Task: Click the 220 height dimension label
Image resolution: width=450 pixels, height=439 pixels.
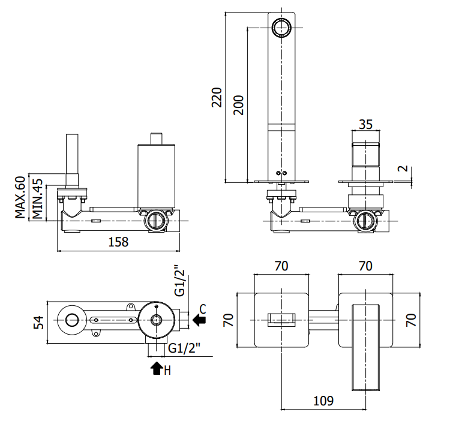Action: pyautogui.click(x=217, y=98)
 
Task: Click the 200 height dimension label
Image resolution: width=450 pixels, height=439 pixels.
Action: pyautogui.click(x=238, y=106)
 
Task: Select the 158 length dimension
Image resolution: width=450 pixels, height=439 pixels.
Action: pyautogui.click(x=118, y=242)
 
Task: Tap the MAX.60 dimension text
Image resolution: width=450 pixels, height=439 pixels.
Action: pyautogui.click(x=20, y=197)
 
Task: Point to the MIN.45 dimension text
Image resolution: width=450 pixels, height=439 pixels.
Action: pyautogui.click(x=37, y=199)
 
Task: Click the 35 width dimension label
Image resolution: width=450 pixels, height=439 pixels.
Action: pyautogui.click(x=365, y=125)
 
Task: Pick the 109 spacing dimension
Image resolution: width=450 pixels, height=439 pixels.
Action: pyautogui.click(x=323, y=401)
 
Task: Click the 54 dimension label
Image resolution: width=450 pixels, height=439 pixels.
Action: pyautogui.click(x=38, y=322)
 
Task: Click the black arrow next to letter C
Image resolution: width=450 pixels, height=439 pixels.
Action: pyautogui.click(x=199, y=320)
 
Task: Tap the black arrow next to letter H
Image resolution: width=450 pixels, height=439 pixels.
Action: pyautogui.click(x=157, y=368)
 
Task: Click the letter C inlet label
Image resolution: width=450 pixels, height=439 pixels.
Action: pyautogui.click(x=203, y=309)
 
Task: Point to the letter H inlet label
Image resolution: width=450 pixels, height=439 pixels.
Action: pyautogui.click(x=167, y=371)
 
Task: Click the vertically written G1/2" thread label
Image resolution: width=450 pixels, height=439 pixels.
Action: pyautogui.click(x=180, y=280)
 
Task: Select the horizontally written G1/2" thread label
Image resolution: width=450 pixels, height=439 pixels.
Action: pyautogui.click(x=184, y=348)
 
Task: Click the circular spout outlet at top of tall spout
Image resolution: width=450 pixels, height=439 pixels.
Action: pyautogui.click(x=281, y=28)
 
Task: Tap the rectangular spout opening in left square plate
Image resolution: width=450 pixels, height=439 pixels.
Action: pyautogui.click(x=281, y=320)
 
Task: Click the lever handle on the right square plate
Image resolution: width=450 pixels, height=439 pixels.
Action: pyautogui.click(x=365, y=347)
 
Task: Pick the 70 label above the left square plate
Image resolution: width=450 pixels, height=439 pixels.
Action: pyautogui.click(x=281, y=266)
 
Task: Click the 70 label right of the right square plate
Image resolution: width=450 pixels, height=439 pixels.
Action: pyautogui.click(x=411, y=320)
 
